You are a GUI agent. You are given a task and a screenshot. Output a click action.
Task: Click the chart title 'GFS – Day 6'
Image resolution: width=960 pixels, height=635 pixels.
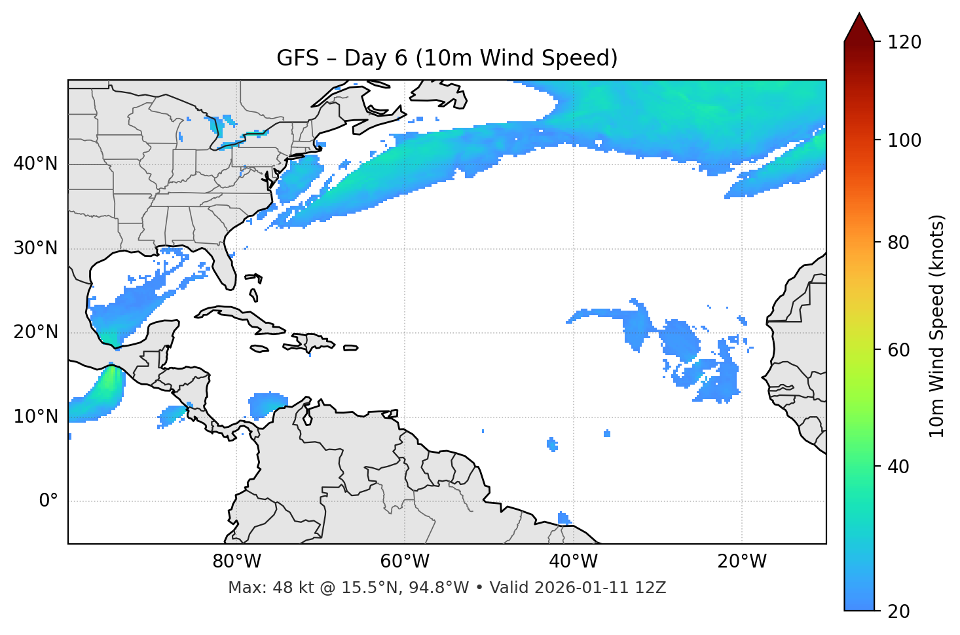[447, 58]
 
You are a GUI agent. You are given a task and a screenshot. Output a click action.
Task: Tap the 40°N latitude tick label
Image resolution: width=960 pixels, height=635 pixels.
[35, 164]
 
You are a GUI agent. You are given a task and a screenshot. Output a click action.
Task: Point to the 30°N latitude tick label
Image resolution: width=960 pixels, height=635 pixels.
[35, 248]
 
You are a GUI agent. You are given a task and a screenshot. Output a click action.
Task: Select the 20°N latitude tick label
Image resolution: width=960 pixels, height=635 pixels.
[35, 332]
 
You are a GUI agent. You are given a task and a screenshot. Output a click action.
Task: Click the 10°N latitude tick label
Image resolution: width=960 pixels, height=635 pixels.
[35, 417]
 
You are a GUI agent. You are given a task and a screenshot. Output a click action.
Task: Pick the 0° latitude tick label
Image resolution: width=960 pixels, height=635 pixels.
[48, 501]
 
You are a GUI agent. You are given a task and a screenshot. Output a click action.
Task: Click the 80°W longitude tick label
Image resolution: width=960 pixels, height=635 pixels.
[236, 562]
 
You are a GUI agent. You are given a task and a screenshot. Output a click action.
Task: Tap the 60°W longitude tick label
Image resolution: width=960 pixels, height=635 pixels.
[405, 562]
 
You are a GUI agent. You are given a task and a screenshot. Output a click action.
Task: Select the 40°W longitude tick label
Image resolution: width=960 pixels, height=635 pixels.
[573, 562]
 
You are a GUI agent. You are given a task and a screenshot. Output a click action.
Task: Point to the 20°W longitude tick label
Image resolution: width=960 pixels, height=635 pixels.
[741, 562]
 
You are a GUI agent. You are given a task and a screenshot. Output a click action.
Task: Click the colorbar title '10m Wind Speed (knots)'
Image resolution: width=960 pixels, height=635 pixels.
[937, 326]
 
